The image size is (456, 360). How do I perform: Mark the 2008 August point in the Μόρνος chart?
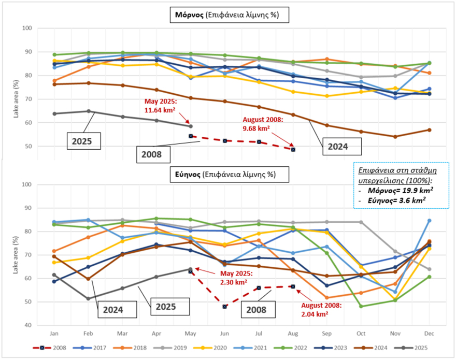click(293, 149)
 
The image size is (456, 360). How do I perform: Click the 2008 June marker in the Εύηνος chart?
click(225, 307)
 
